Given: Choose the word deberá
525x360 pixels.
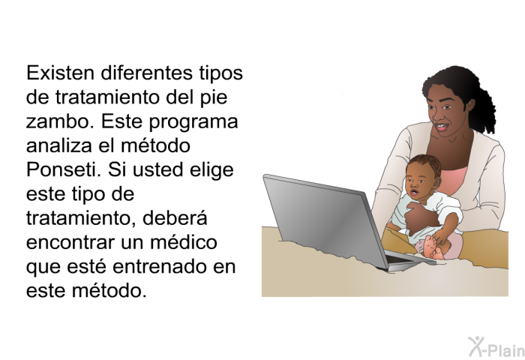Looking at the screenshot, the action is tap(175, 218).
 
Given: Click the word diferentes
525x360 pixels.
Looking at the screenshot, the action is tap(147, 73).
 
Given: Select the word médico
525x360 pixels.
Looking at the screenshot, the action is tap(184, 242).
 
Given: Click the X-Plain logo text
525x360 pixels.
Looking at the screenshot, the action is tap(496, 347).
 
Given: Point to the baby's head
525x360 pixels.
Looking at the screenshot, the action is tap(423, 176).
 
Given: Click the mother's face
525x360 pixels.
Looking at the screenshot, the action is tap(445, 109).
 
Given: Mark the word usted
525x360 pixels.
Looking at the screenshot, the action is tap(158, 169).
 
